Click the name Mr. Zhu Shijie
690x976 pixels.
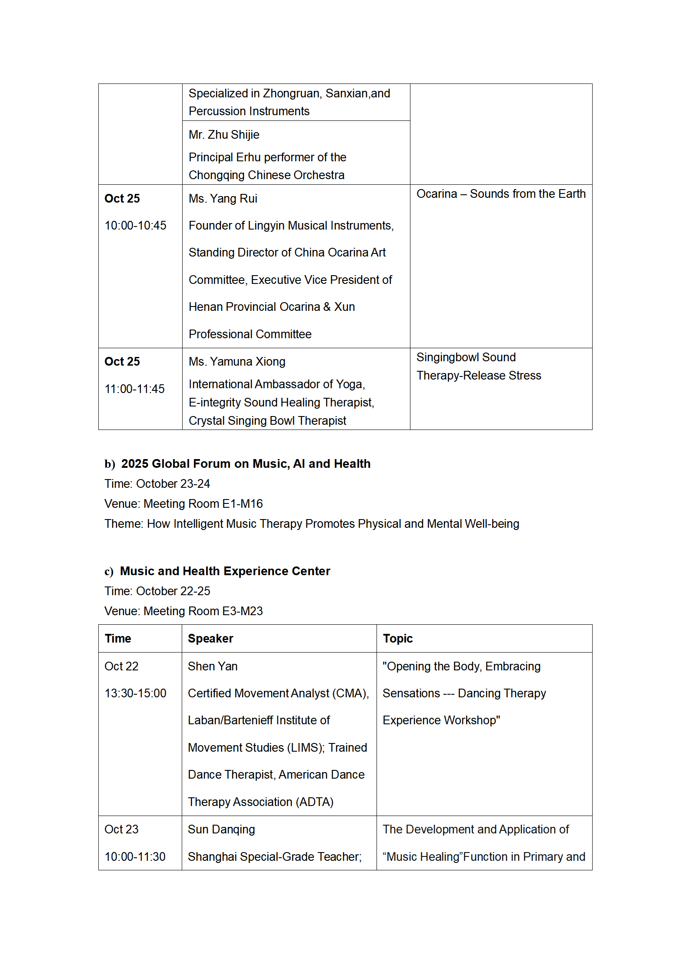click(224, 135)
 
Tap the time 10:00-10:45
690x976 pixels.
click(135, 226)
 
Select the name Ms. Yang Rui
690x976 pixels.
click(223, 199)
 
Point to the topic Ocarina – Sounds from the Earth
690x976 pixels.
click(501, 194)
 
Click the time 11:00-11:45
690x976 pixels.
click(134, 389)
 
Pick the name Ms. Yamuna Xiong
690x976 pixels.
click(237, 362)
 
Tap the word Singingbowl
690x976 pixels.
click(447, 357)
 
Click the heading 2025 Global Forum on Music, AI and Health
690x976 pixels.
click(246, 464)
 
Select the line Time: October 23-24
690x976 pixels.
click(157, 484)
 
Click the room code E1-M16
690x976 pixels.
click(242, 504)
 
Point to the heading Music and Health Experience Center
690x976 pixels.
click(225, 571)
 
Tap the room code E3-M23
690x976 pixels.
click(242, 611)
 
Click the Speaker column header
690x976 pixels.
click(210, 639)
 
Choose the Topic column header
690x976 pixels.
click(397, 639)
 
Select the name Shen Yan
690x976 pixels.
click(213, 666)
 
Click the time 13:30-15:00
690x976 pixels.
click(135, 693)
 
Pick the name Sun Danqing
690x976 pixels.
click(221, 829)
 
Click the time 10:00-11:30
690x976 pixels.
click(135, 857)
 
